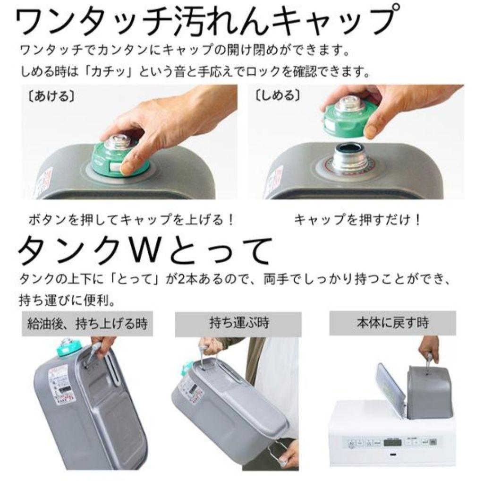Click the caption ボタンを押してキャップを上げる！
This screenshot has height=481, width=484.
click(131, 220)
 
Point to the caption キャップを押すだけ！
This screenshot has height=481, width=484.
click(357, 220)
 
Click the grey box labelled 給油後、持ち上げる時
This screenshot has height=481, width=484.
click(87, 324)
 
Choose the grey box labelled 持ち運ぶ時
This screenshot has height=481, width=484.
click(238, 324)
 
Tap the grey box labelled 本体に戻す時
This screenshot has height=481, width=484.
click(392, 323)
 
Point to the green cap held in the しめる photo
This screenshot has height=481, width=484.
click(347, 118)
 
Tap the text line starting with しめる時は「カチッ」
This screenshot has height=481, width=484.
click(194, 72)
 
